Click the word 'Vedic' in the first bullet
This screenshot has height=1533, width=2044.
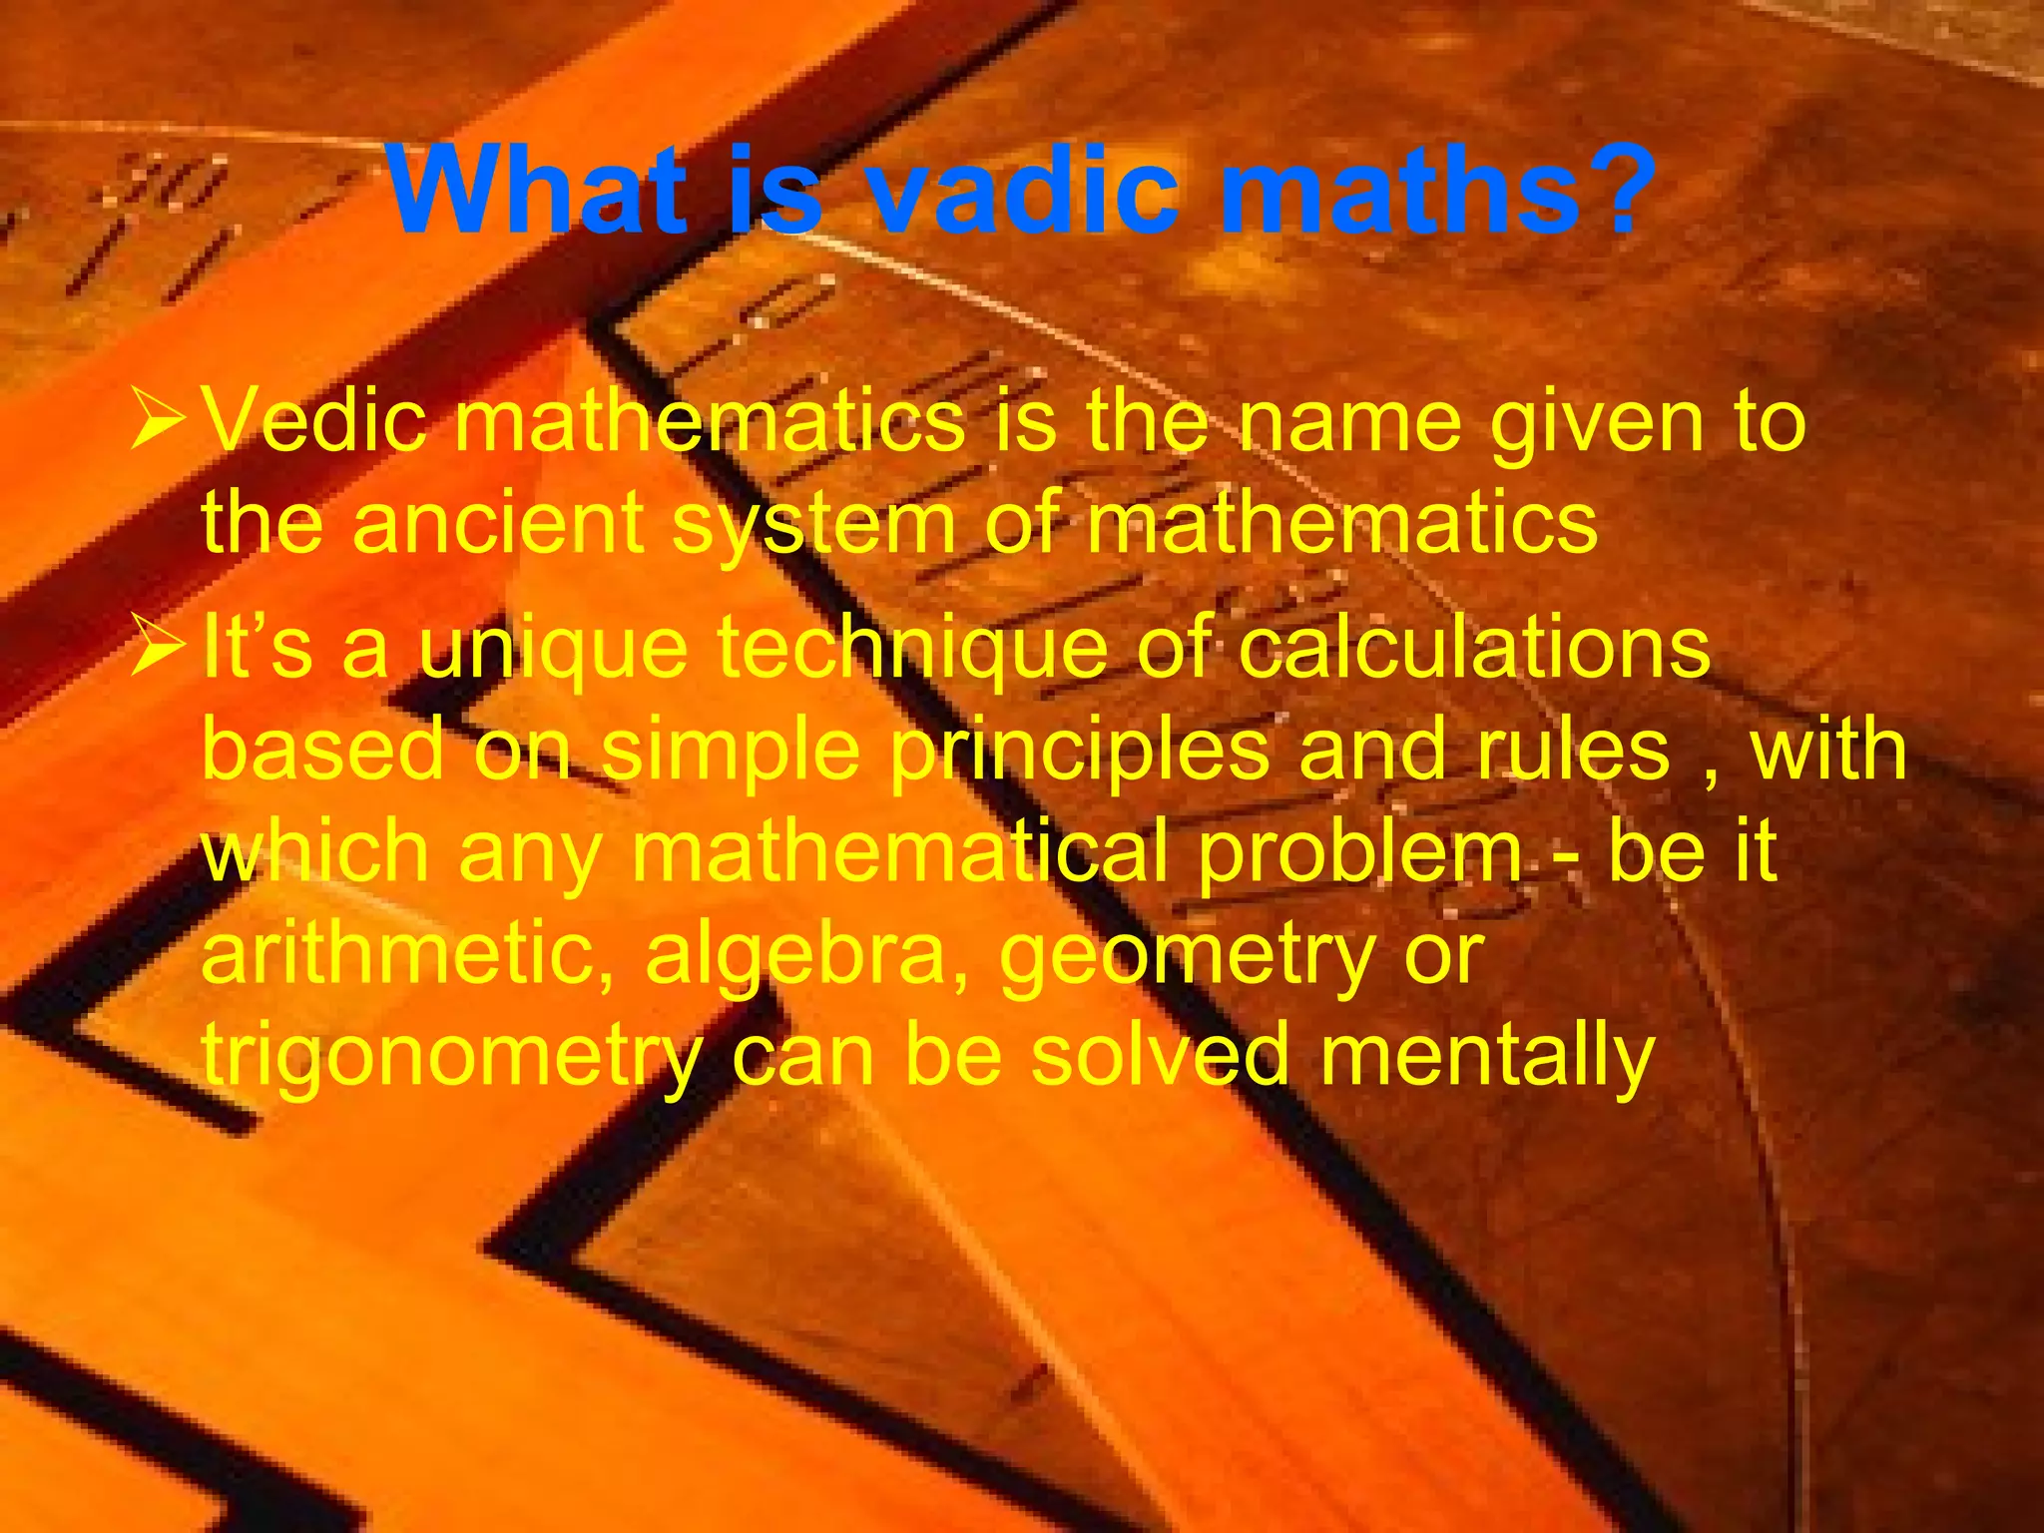click(x=315, y=422)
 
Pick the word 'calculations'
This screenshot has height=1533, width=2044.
click(x=1474, y=649)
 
